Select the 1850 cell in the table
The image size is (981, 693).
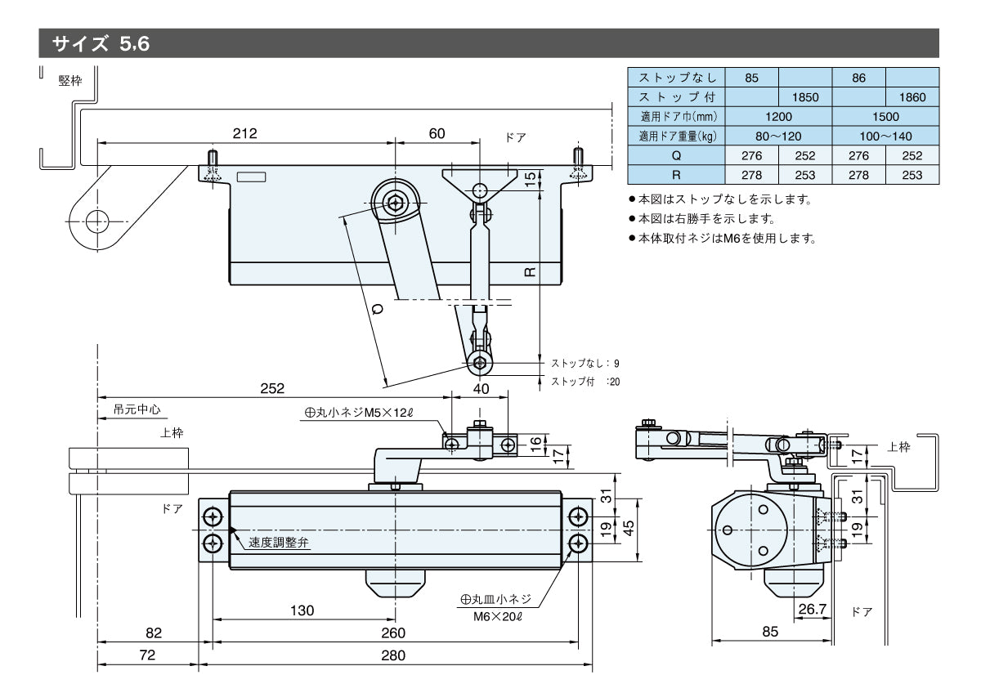[x=805, y=97]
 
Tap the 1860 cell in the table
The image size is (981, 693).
[x=912, y=97]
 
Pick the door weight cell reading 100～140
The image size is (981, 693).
[x=885, y=136]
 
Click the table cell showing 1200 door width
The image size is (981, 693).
[x=778, y=117]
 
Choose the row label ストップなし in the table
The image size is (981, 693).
[x=677, y=78]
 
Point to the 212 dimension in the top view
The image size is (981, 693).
[x=244, y=133]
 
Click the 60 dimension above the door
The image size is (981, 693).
[x=437, y=133]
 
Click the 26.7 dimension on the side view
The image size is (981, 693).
[x=812, y=610]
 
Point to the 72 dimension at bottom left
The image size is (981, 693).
[x=147, y=655]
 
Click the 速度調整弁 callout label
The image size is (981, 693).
[x=279, y=543]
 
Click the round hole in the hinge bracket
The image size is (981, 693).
[x=97, y=220]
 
